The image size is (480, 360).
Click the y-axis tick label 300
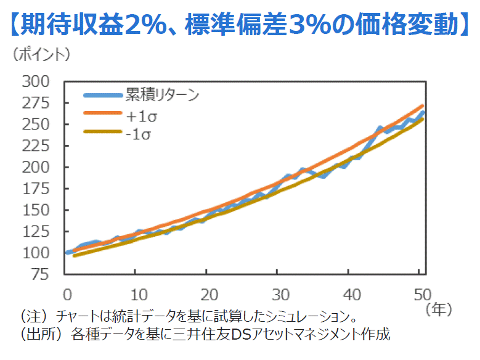(x=35, y=81)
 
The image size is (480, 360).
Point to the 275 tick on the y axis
(x=35, y=103)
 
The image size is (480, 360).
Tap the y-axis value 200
(x=35, y=167)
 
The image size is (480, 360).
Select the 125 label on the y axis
(x=35, y=231)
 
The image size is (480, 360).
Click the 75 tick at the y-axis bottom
(x=40, y=274)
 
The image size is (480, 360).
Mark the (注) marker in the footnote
(x=33, y=317)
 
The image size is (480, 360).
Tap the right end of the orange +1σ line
(x=422, y=105)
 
